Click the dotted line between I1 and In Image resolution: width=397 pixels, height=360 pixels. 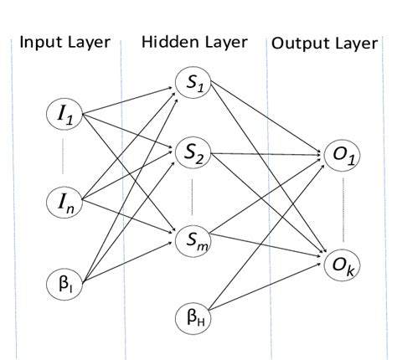(64, 160)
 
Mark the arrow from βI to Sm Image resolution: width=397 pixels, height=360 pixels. (126, 264)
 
